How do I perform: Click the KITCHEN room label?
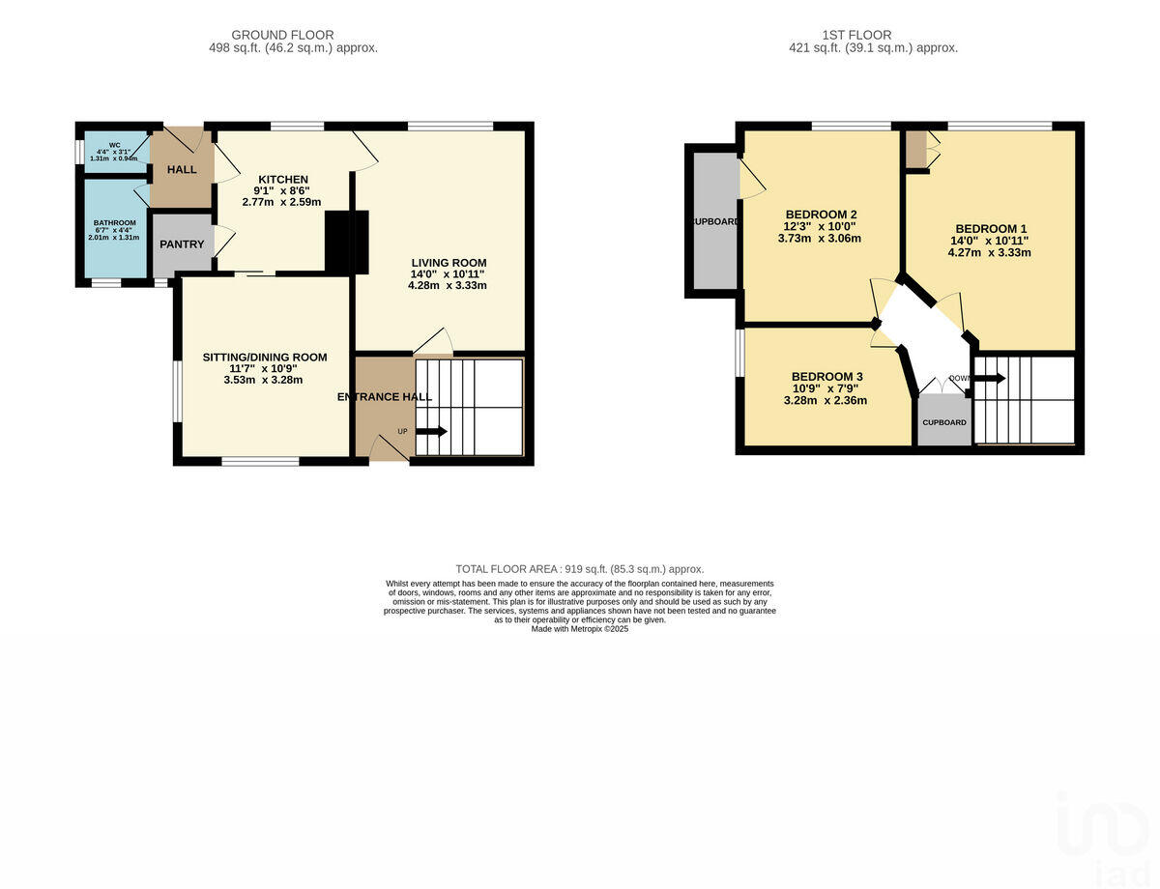(x=281, y=179)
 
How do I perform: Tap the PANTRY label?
(x=182, y=244)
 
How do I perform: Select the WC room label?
(x=114, y=145)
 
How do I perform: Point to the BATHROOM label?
(x=114, y=222)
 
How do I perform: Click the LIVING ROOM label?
(x=449, y=263)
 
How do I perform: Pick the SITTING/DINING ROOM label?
(x=265, y=357)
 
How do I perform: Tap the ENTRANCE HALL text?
(x=384, y=397)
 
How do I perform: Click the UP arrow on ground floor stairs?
(x=430, y=431)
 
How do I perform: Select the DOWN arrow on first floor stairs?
(x=989, y=378)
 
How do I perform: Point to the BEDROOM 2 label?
(x=821, y=215)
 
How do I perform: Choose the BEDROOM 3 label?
(x=826, y=377)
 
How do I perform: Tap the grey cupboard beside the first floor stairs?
(x=943, y=422)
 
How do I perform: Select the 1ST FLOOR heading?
(x=873, y=35)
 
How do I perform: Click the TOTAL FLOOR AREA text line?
(x=580, y=569)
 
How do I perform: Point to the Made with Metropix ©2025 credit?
(x=580, y=629)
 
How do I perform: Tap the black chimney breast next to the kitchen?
(x=346, y=243)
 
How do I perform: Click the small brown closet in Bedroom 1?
(x=915, y=148)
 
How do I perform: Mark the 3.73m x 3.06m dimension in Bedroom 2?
(x=821, y=239)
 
